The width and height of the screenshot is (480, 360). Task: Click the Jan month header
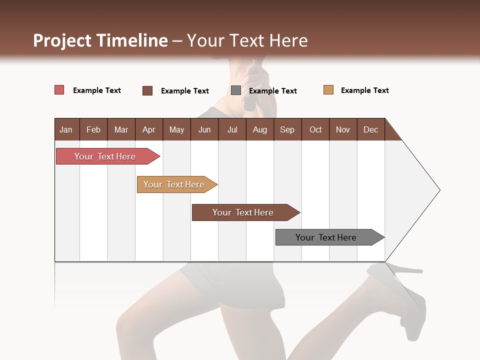[x=66, y=130]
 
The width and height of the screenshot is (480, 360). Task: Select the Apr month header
[x=148, y=130]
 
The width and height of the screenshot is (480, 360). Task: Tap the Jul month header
[x=232, y=130]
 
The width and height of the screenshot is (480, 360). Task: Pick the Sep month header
[x=287, y=130]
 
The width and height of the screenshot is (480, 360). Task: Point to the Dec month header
[x=370, y=130]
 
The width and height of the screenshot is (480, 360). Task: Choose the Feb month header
[x=93, y=130]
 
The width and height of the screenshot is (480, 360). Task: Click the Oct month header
[x=315, y=130]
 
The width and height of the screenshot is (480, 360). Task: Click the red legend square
[x=59, y=90]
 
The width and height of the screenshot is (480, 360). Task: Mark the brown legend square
[x=147, y=90]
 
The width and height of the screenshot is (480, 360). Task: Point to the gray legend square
[x=236, y=90]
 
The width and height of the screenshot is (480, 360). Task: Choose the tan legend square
[x=328, y=90]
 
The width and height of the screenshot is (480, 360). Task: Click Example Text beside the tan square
[x=364, y=90]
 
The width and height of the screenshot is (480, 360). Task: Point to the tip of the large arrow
[x=439, y=190]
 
